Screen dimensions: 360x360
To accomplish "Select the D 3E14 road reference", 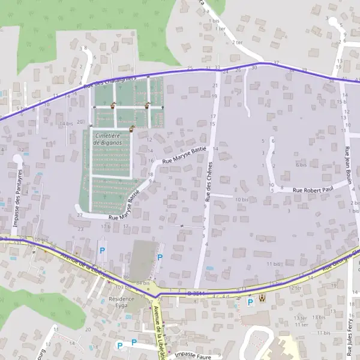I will tap(196, 293).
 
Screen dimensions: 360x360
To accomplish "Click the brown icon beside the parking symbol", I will tap(261, 298).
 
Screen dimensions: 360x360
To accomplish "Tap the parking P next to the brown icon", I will tap(250, 303).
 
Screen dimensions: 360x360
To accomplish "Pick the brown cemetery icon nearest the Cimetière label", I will tap(131, 128).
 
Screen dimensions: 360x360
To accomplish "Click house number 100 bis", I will tap(40, 241).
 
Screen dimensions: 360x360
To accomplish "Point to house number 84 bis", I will tap(142, 283).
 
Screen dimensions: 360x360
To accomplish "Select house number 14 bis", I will tap(65, 124).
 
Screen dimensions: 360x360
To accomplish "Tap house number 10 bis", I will tap(242, 199).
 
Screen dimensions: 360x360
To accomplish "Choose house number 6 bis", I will tap(301, 164).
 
